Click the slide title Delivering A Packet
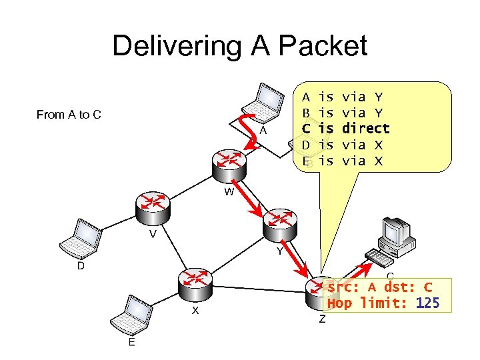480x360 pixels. coord(239,46)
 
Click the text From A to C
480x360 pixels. coord(69,115)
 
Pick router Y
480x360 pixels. coord(282,224)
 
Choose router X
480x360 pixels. coord(195,284)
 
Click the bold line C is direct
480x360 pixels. coord(345,128)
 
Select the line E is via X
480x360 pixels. coord(342,160)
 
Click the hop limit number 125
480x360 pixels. coord(427,303)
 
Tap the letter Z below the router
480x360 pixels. coord(322,319)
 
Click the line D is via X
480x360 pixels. coord(342,144)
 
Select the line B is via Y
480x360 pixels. coord(342,112)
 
